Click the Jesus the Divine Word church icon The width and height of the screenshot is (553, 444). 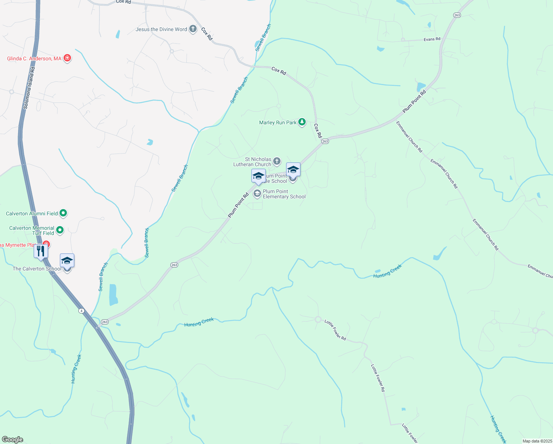point(193,29)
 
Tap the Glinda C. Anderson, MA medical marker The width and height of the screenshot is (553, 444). point(67,58)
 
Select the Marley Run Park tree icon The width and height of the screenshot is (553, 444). point(302,122)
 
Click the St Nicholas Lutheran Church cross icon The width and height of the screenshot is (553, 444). point(277,161)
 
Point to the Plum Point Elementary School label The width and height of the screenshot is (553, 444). point(284,194)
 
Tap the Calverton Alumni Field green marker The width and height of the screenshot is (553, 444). point(63,213)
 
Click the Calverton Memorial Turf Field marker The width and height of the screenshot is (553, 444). point(60,230)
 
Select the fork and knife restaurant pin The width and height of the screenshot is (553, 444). point(41,251)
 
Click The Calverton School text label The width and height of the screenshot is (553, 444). point(37,269)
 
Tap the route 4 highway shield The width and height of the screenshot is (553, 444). point(81,310)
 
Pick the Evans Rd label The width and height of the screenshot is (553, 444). point(432,39)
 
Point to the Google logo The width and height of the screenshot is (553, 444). point(13,440)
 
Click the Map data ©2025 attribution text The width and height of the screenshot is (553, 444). point(537,441)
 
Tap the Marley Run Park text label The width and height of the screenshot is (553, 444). point(278,122)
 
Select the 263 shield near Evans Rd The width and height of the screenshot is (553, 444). point(457,15)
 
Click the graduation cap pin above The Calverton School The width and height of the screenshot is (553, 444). point(67,260)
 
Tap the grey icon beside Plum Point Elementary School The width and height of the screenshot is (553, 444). point(257,194)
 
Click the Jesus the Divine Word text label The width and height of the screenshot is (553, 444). point(161,29)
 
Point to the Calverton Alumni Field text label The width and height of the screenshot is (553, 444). point(32,213)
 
